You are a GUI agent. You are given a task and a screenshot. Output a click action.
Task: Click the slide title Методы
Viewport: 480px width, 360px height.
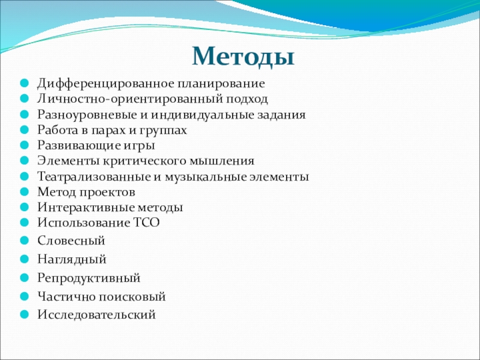click(243, 57)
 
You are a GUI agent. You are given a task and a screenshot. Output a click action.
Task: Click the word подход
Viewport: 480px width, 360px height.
click(247, 99)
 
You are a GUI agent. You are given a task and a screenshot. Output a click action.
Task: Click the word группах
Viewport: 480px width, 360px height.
click(163, 131)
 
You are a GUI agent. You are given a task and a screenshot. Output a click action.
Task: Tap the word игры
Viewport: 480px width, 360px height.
click(139, 146)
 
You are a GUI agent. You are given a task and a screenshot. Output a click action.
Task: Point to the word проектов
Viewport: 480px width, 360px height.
click(107, 193)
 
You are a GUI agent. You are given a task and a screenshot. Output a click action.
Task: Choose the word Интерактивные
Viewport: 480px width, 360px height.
click(86, 208)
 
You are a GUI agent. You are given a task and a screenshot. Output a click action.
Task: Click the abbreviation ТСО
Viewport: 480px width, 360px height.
click(147, 223)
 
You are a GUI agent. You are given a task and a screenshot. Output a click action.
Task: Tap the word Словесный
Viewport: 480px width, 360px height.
click(71, 241)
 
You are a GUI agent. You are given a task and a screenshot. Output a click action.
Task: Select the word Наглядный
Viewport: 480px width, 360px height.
click(72, 260)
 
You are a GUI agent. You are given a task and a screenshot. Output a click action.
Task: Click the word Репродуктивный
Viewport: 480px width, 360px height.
click(89, 278)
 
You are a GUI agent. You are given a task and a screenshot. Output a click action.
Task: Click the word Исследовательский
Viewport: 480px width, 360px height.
click(97, 314)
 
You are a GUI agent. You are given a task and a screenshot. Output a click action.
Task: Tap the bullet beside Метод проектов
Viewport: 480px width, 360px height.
click(24, 192)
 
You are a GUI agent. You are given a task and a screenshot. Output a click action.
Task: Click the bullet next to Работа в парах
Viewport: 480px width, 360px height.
click(24, 130)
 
